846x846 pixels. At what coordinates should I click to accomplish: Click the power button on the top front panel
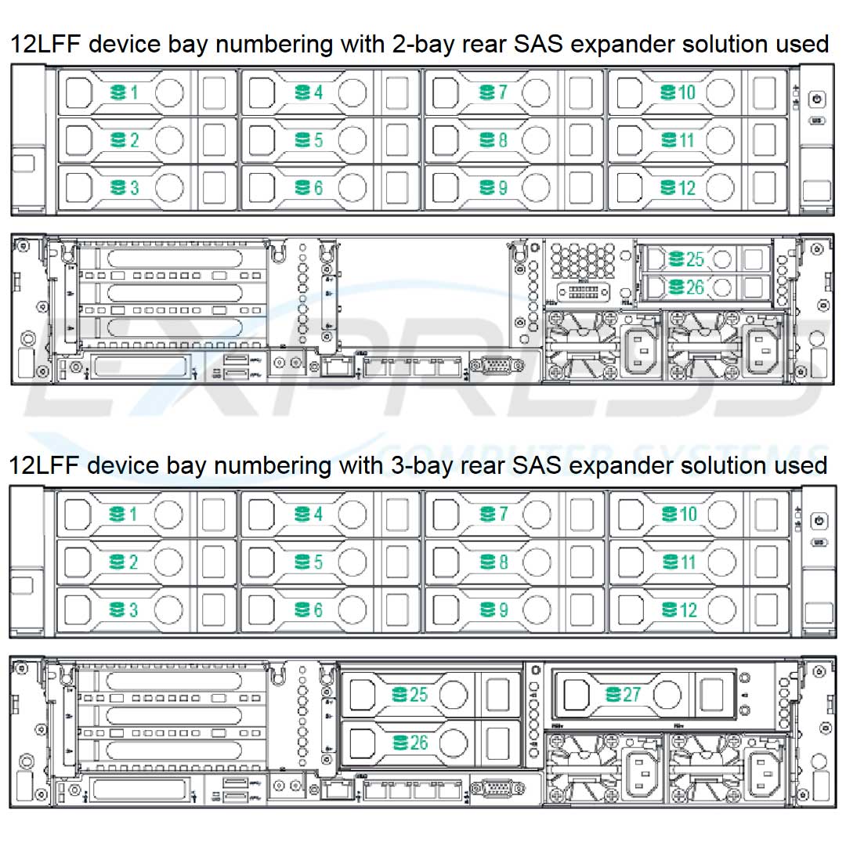(817, 99)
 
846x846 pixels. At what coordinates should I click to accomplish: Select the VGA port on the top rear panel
(495, 367)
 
